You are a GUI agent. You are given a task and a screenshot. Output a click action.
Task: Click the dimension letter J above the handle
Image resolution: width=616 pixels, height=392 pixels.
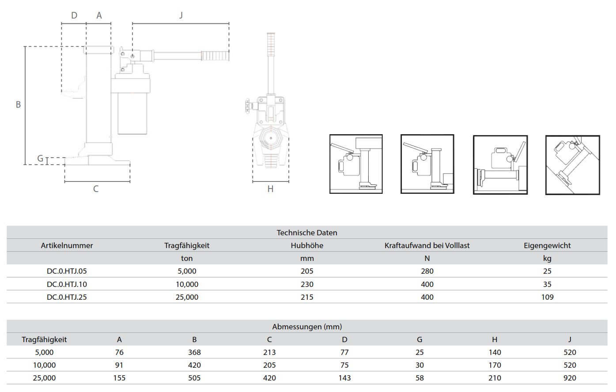point(181,15)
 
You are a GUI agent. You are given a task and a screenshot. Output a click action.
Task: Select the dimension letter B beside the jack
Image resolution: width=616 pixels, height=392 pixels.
point(18,105)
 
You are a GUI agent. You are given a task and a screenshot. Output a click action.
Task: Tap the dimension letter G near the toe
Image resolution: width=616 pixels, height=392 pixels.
point(40,158)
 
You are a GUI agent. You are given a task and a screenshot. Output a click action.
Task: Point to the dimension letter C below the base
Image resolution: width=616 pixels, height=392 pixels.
point(96,189)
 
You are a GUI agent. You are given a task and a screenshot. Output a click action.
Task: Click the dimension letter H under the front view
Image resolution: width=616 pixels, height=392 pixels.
point(270,189)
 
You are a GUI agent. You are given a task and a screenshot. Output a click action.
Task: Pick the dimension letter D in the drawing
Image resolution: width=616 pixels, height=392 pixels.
point(74,15)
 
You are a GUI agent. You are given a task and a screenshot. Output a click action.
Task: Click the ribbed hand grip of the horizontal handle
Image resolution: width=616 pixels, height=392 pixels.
point(215,56)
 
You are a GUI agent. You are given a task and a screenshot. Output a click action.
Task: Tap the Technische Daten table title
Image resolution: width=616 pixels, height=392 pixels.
point(307,233)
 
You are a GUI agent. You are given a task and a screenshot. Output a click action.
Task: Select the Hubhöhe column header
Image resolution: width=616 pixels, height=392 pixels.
point(307,245)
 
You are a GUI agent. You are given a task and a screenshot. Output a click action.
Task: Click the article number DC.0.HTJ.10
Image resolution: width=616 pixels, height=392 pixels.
point(67,284)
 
